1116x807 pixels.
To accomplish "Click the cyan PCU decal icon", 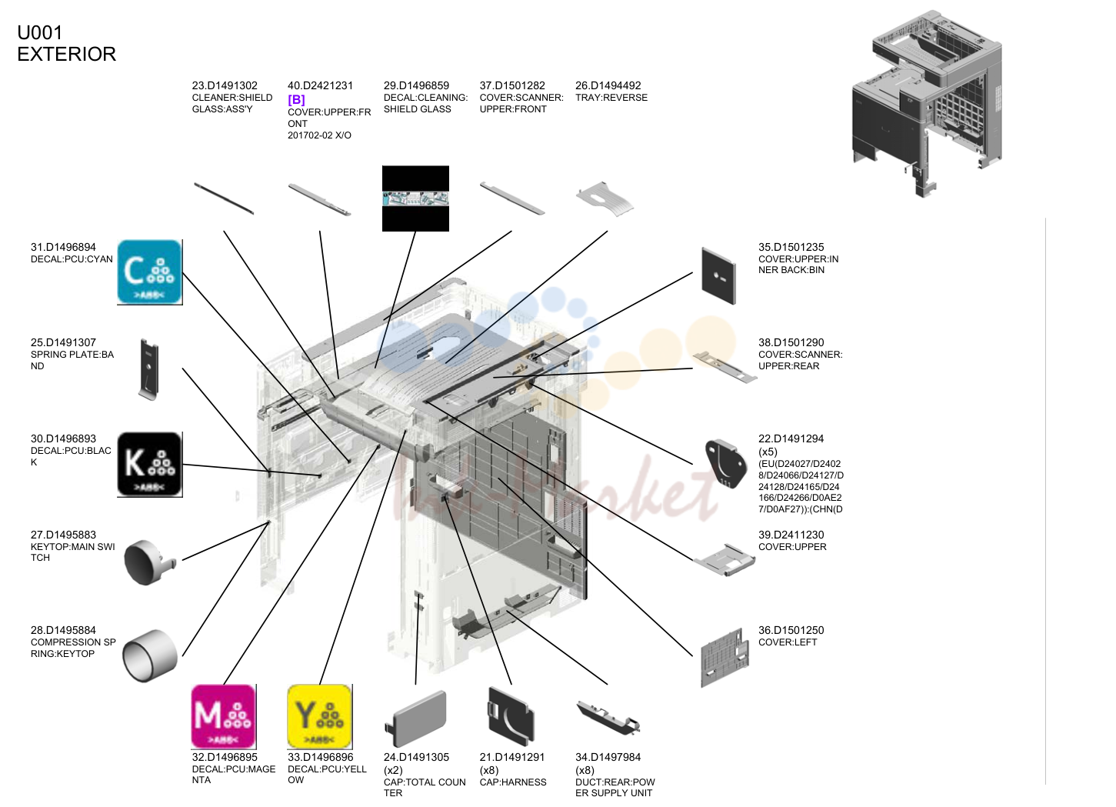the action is pyautogui.click(x=150, y=272).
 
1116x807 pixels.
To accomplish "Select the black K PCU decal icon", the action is pyautogui.click(x=150, y=465).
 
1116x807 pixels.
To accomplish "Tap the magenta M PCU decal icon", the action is pyautogui.click(x=224, y=717).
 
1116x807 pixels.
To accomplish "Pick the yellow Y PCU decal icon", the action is pyautogui.click(x=320, y=717).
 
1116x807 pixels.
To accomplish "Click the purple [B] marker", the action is pyautogui.click(x=296, y=100).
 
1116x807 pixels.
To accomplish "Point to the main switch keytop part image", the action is pyautogui.click(x=149, y=562).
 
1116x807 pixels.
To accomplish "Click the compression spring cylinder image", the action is pyautogui.click(x=150, y=655).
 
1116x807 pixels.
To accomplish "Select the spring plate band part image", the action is pyautogui.click(x=148, y=369).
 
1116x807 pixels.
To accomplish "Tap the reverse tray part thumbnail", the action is pyautogui.click(x=605, y=199).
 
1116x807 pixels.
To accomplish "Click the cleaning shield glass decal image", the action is pyautogui.click(x=415, y=198).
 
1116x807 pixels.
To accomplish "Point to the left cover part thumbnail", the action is pyautogui.click(x=725, y=658).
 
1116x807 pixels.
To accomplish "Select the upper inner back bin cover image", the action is pyautogui.click(x=718, y=276).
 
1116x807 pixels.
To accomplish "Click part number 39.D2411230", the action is pyautogui.click(x=791, y=535).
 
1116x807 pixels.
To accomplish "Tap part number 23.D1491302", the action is pyautogui.click(x=225, y=85).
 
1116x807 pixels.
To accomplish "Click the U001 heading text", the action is pyautogui.click(x=40, y=33).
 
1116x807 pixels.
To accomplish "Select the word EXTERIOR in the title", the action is pyautogui.click(x=67, y=54).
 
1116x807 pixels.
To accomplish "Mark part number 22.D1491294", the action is pyautogui.click(x=791, y=439).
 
